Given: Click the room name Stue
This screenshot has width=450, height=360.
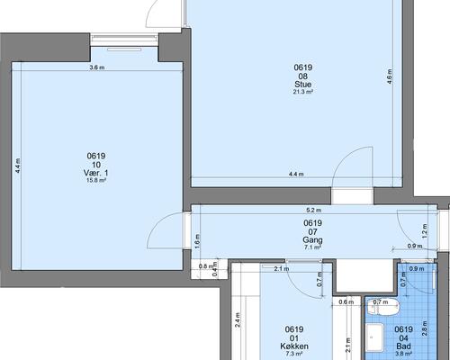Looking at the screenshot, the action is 303,84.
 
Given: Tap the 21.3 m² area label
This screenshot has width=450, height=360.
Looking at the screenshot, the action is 303,92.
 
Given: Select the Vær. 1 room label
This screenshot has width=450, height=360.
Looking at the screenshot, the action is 96,173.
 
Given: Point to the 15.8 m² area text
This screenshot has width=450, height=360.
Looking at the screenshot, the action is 96,180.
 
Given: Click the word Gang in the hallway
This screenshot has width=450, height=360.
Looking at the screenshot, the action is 312,240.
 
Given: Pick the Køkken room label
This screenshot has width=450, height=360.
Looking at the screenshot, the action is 294,346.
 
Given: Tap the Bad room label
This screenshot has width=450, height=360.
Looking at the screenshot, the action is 403,346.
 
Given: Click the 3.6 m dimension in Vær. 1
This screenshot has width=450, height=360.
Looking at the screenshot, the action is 97,67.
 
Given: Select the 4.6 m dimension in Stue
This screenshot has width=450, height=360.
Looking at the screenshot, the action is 389,76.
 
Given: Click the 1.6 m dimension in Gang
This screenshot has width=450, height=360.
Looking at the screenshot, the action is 197,241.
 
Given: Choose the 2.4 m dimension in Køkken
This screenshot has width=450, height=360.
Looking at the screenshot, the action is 238,320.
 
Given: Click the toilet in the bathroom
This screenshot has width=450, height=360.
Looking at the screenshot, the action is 383,307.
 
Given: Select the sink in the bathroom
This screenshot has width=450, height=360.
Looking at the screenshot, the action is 375,337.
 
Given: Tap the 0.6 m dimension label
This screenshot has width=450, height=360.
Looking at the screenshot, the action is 346,302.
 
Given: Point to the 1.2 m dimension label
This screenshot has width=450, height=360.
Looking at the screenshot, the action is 424,231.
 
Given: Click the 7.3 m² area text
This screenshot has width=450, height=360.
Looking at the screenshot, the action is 294,354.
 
